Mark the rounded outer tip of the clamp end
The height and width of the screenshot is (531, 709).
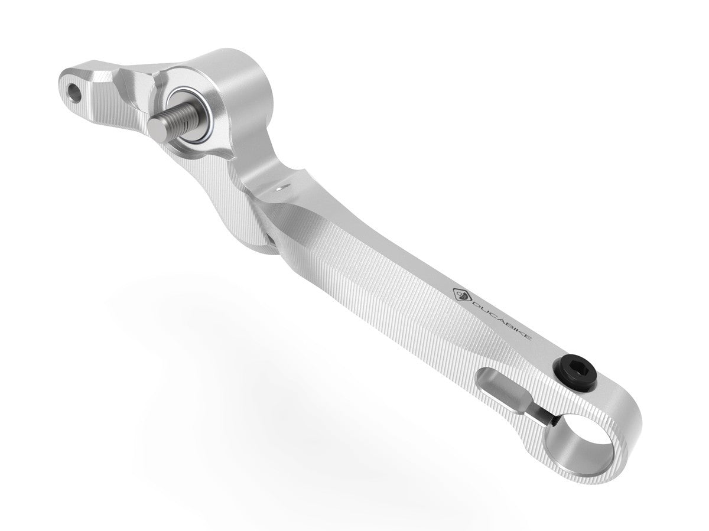click(x=632, y=431)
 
